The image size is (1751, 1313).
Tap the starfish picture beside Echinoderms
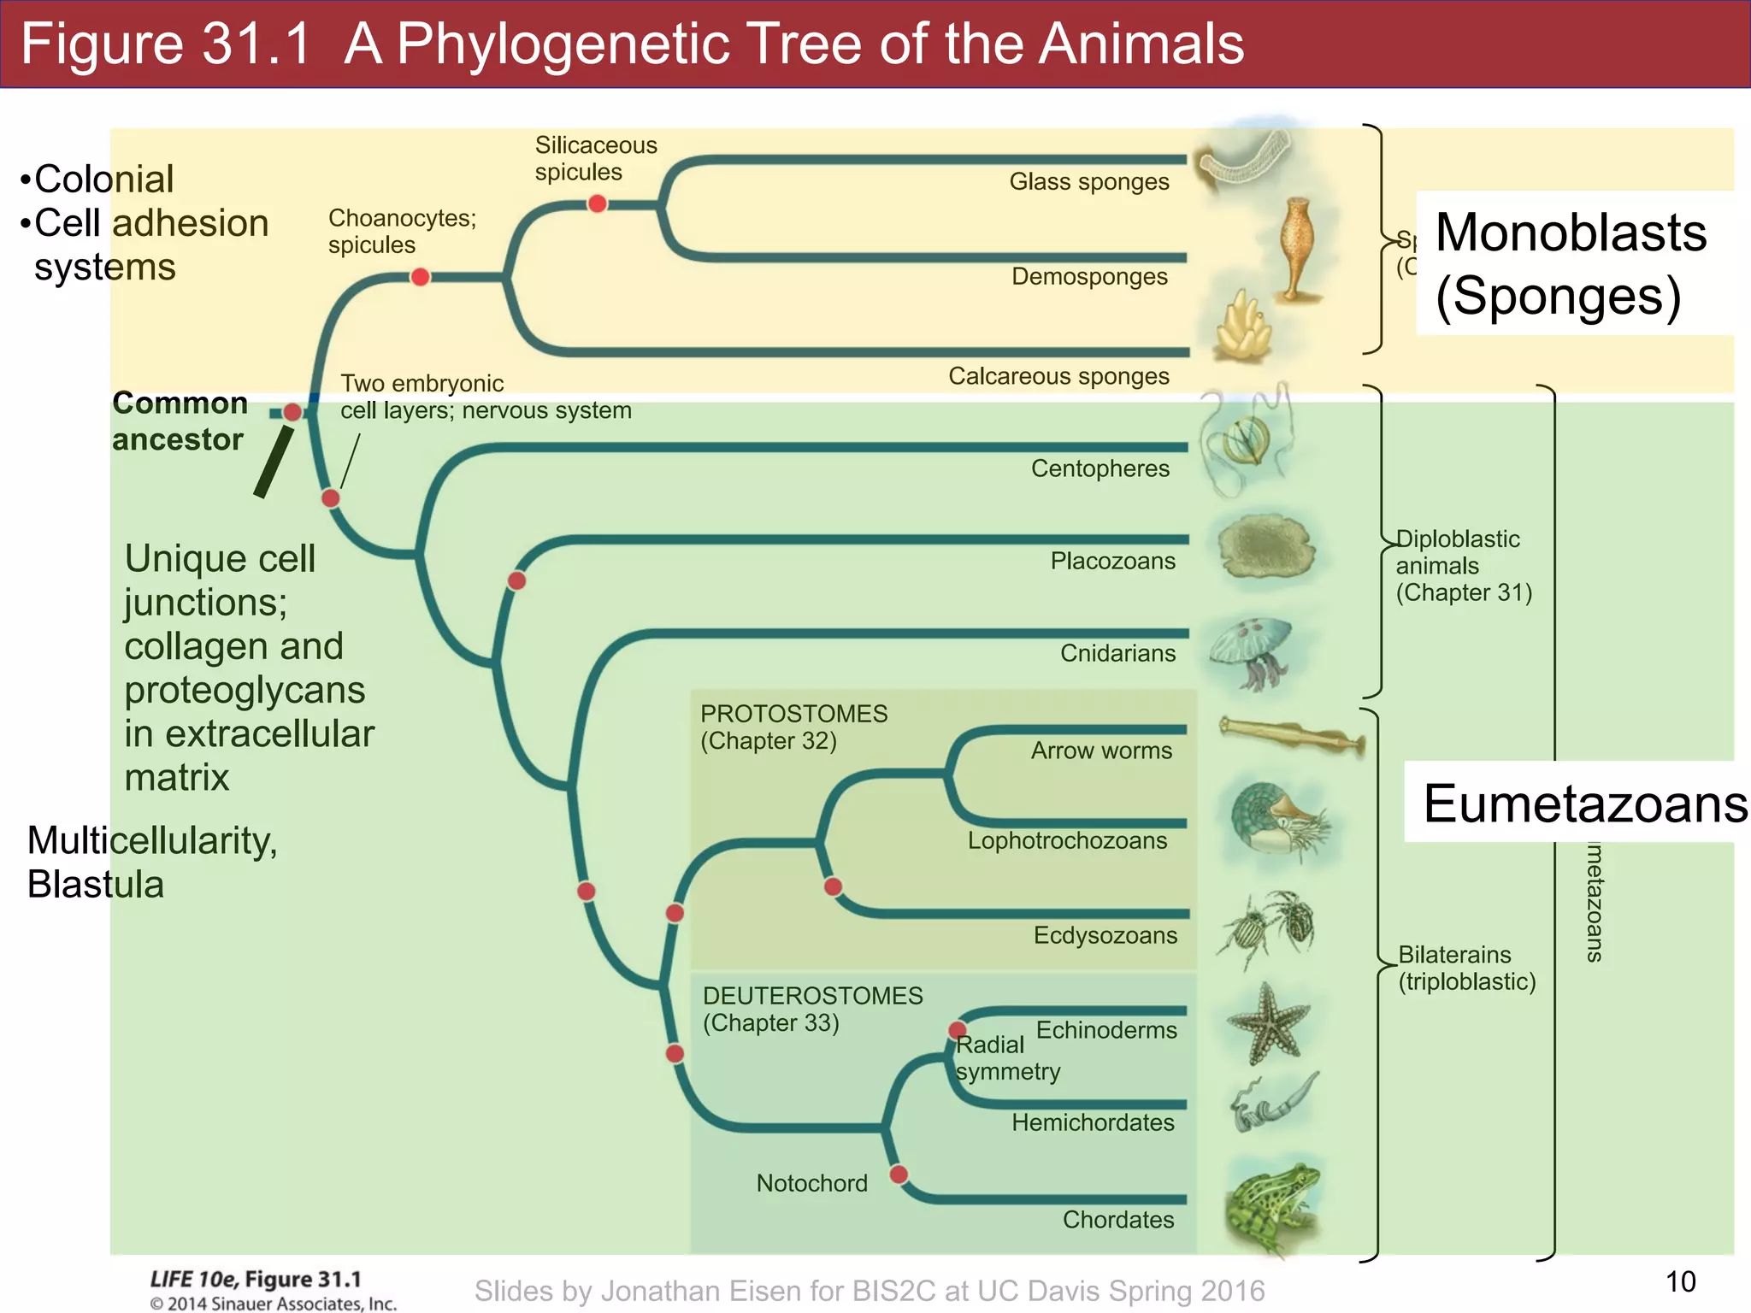click(1267, 1022)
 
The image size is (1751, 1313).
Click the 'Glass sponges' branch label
click(1088, 182)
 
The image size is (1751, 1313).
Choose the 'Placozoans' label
click(1112, 561)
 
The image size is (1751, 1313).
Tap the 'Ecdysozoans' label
click(1105, 935)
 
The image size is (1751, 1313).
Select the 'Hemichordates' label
click(1093, 1122)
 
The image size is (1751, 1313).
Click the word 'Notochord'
click(811, 1183)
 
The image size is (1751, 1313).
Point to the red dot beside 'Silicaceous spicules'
click(598, 203)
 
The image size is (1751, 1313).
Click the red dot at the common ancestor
click(292, 413)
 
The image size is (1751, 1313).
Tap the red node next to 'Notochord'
click(899, 1175)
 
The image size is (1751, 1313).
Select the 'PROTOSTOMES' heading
click(793, 714)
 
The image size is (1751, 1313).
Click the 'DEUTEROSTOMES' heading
click(812, 996)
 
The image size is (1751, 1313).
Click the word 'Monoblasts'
click(1571, 233)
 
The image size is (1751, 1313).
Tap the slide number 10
click(1680, 1281)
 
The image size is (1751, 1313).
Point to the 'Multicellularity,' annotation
click(152, 840)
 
